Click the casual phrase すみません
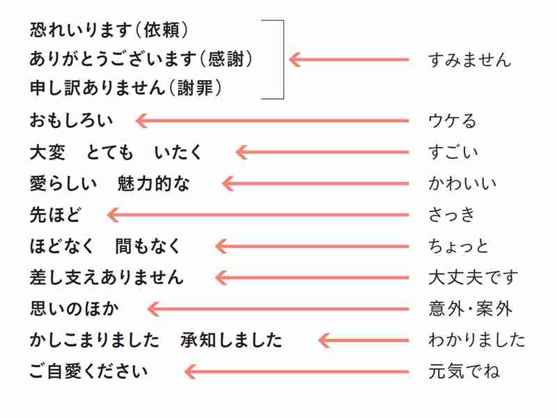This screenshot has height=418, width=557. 469,60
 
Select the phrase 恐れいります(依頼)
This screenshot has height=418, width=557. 109,30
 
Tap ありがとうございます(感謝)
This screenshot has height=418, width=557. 141,59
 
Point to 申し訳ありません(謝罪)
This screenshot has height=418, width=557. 126,88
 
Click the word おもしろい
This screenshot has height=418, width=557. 71,121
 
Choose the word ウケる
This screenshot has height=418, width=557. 452,121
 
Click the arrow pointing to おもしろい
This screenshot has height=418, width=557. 272,121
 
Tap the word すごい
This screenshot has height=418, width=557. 453,152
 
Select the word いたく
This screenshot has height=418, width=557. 178,153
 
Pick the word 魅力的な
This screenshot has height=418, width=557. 153,184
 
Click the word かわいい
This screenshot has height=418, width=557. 462,184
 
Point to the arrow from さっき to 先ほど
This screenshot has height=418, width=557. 258,215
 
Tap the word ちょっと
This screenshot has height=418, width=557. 459,246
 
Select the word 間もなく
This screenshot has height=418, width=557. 148,246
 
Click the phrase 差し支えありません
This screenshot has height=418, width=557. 107,277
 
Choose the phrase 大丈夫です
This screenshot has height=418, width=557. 473,277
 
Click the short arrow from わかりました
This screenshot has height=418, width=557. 363,340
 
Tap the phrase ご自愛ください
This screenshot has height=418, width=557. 88,371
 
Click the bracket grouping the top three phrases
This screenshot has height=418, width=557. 283,59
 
